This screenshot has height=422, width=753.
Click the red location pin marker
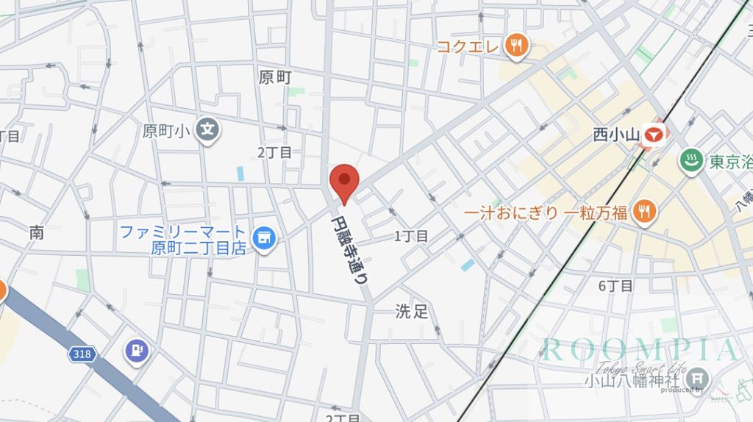(x=343, y=182)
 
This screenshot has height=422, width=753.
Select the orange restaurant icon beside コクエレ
(x=518, y=46)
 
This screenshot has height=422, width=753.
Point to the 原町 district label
(x=275, y=77)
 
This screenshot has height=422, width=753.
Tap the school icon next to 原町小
(x=209, y=131)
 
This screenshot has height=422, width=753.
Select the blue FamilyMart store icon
(x=262, y=238)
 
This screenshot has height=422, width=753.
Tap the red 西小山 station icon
(x=652, y=135)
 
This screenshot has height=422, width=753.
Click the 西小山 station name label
(x=614, y=135)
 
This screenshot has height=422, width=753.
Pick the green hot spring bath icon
(x=690, y=162)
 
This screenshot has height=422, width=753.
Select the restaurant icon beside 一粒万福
(x=644, y=212)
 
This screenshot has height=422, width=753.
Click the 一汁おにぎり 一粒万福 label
(x=546, y=213)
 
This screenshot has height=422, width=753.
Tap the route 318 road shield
(x=83, y=354)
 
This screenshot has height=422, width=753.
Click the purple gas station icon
(x=136, y=350)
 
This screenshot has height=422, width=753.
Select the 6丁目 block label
(x=615, y=286)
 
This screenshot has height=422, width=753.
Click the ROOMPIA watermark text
(x=638, y=350)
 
